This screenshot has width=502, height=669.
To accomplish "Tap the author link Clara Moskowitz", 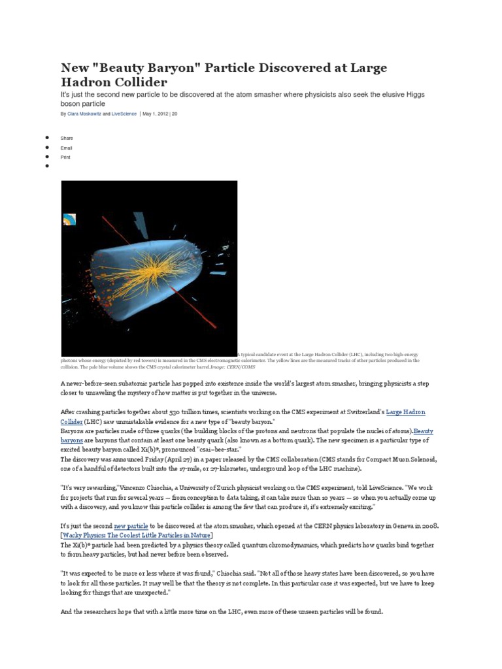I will tap(84, 114).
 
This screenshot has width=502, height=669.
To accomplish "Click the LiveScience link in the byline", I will tap(124, 114).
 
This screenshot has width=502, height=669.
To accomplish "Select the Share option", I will tap(67, 139).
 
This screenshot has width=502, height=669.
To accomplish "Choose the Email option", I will tap(67, 148).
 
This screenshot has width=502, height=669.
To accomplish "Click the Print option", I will tap(65, 157).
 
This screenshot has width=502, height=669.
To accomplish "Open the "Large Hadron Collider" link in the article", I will tap(405, 412).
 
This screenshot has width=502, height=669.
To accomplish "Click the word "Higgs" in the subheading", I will tap(414, 95).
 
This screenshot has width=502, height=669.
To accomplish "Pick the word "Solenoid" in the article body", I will tap(418, 460).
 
